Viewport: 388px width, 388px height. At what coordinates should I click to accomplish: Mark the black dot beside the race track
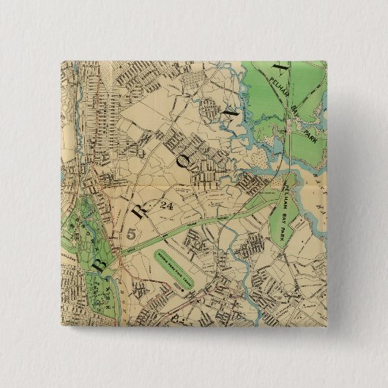point(179,289)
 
